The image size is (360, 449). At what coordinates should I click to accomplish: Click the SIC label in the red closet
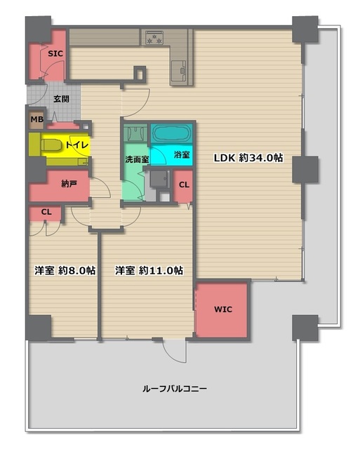pos(54,53)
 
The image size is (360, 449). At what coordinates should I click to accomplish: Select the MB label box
pos(35,119)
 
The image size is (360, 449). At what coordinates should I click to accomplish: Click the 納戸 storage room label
pos(69,185)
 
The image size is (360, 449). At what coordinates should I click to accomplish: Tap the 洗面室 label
pos(136,159)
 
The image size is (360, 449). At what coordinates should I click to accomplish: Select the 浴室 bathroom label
pos(181,154)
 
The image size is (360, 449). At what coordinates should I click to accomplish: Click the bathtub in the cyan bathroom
pos(173,133)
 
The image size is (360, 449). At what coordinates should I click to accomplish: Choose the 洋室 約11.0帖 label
pos(149,270)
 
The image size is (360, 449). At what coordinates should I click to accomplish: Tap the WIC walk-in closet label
pos(222,309)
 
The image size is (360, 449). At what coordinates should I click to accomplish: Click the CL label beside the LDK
pos(183,185)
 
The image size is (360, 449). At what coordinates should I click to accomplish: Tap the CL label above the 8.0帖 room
pos(46,212)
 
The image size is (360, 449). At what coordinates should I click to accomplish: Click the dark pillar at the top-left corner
pos(38,28)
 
